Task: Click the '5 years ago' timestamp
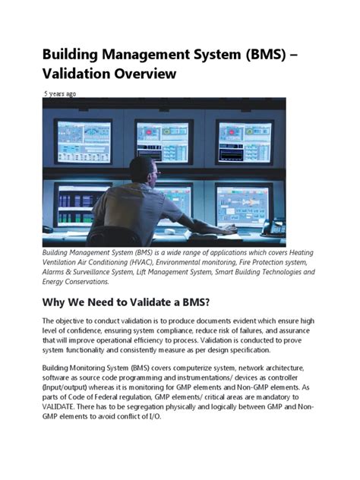coord(58,93)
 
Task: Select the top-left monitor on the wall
coord(84,141)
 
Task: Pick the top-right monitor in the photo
coord(244,139)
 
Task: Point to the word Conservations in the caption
coord(95,282)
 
